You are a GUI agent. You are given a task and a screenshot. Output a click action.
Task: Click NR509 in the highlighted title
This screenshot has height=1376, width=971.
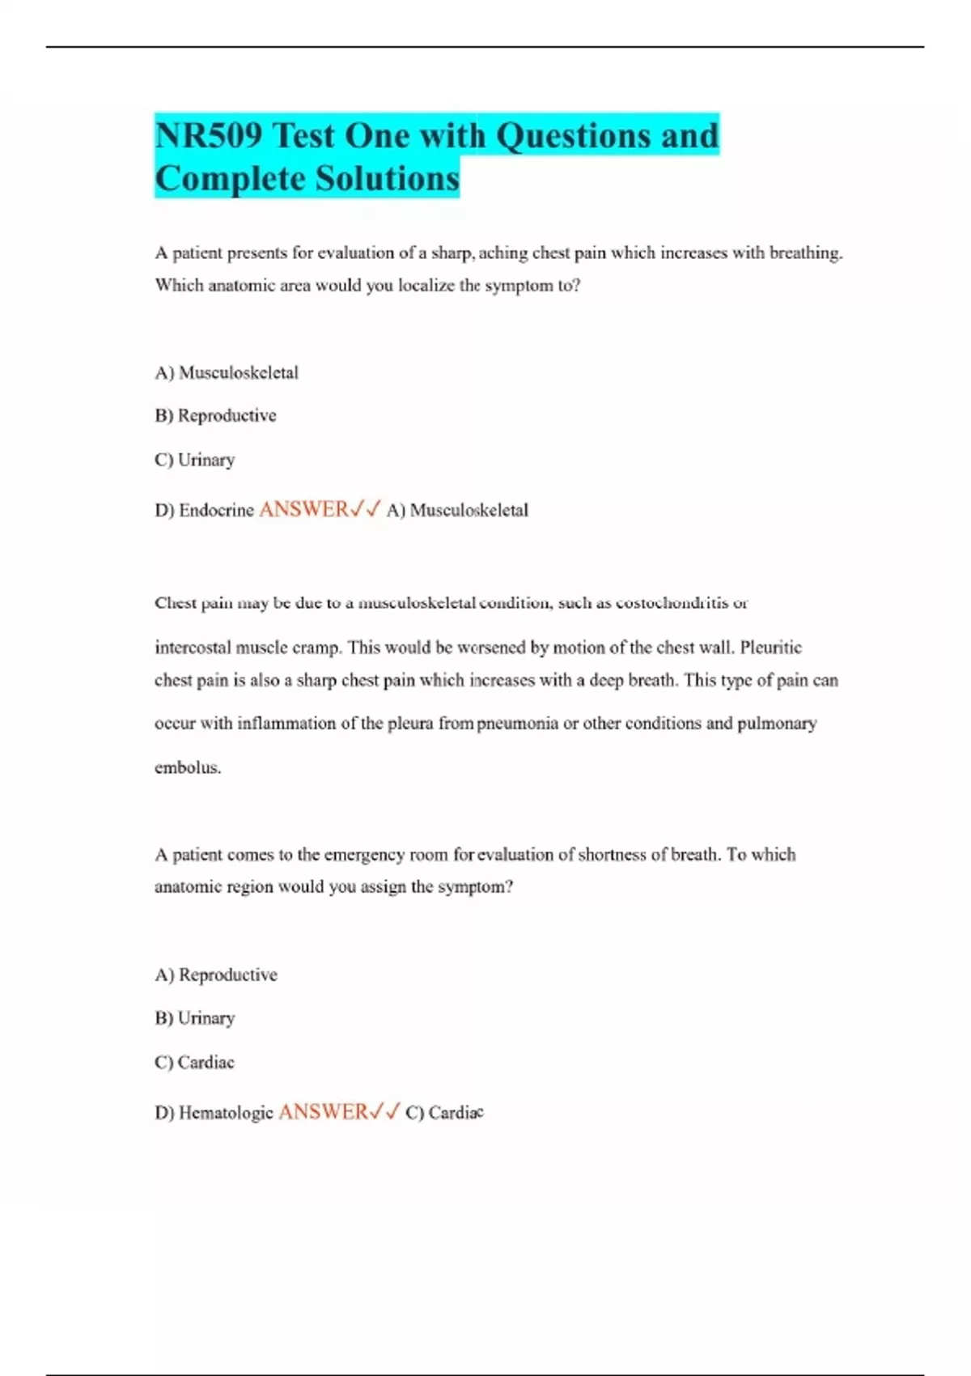click(209, 135)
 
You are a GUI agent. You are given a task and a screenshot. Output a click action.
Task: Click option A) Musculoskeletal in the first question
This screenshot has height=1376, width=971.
click(227, 372)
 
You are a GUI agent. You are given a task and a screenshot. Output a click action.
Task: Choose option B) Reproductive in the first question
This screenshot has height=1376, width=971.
click(215, 415)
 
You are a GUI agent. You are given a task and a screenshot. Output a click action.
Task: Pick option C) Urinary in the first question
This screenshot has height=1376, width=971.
click(195, 460)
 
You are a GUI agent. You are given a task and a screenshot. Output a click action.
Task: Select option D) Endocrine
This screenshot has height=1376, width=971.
click(204, 510)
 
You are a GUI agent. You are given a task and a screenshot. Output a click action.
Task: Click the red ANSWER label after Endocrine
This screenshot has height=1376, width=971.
click(303, 509)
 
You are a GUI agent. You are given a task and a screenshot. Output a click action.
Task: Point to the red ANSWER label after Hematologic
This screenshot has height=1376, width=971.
click(323, 1112)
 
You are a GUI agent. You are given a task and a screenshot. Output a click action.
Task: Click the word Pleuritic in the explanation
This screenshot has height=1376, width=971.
click(770, 648)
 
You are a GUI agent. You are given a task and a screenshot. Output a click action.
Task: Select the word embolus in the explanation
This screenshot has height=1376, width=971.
click(187, 767)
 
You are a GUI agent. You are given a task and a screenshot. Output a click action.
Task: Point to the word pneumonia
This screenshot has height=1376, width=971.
click(517, 724)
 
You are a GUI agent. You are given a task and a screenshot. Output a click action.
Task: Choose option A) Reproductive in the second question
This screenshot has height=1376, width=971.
click(216, 975)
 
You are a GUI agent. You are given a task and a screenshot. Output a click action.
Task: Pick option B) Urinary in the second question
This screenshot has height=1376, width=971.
click(195, 1018)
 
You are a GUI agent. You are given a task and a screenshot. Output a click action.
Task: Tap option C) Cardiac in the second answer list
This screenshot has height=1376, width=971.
click(194, 1062)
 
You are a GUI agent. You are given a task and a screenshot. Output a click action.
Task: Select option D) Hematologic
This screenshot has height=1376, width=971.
click(214, 1113)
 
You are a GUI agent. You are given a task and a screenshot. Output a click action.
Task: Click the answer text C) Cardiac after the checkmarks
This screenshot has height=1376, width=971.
click(444, 1113)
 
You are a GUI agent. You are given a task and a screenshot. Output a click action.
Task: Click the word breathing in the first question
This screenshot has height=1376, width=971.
click(805, 253)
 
